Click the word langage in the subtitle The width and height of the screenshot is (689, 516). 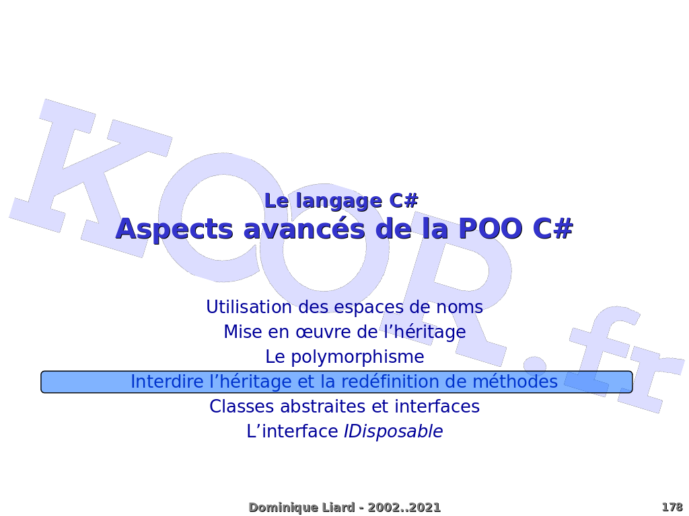tap(339, 202)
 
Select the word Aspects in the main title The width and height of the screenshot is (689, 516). tap(174, 229)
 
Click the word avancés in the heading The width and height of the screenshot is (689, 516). tap(304, 228)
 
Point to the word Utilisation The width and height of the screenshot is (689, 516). tap(249, 306)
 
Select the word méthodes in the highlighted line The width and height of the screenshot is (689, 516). tap(515, 382)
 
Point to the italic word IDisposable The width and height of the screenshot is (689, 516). tap(393, 432)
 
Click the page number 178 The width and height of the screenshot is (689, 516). tap(672, 507)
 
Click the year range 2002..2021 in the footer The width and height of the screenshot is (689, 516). tap(404, 507)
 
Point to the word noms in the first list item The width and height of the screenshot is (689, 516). tap(460, 308)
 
